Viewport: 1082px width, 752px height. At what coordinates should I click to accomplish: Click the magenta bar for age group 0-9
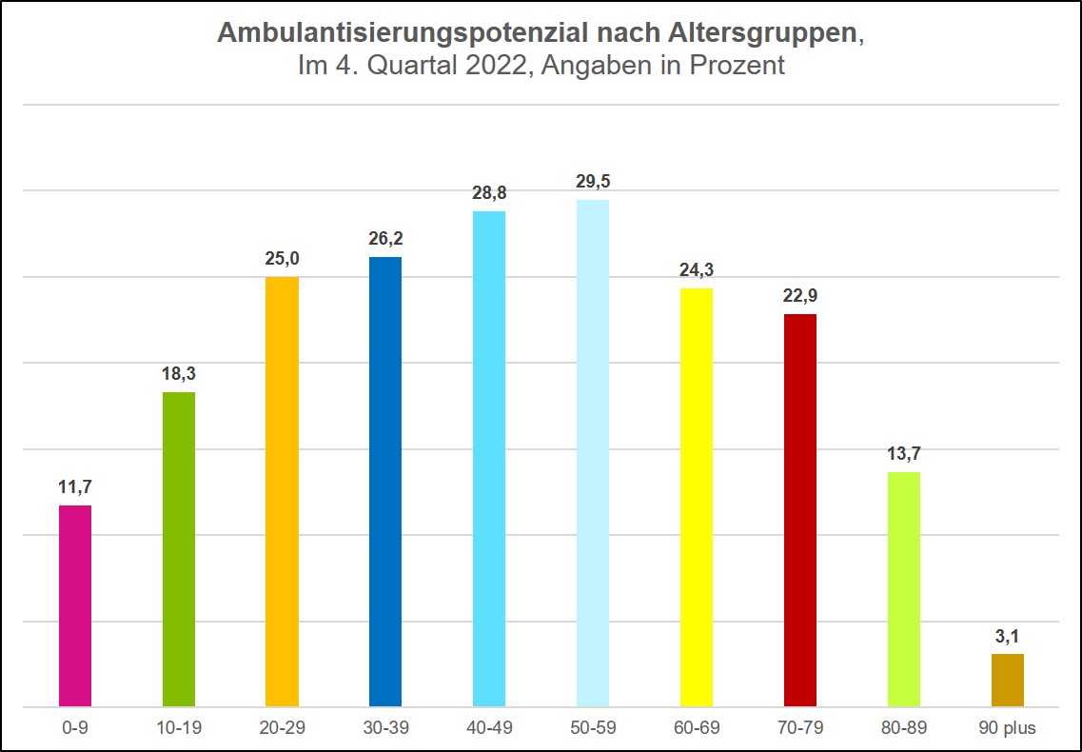(x=75, y=605)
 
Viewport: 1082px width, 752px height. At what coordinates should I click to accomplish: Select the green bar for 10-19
(x=179, y=549)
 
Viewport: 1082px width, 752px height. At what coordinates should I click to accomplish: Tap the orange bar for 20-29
(x=282, y=491)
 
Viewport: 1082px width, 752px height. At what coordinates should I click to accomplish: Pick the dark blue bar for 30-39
(x=385, y=482)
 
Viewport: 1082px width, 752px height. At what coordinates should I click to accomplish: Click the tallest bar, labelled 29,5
(x=593, y=453)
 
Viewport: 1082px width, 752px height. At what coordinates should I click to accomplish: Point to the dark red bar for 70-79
(x=800, y=510)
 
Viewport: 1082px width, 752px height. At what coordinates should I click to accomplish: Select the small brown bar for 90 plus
(x=1008, y=680)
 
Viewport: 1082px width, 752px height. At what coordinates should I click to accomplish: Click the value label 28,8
(x=489, y=192)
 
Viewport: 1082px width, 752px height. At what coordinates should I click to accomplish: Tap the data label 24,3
(x=697, y=269)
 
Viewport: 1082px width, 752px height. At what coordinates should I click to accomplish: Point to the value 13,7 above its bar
(x=904, y=453)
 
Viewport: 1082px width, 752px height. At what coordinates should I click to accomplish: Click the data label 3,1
(x=1008, y=636)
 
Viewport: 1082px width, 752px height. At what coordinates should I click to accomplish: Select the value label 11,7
(x=75, y=486)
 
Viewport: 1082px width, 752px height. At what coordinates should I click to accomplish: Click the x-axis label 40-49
(x=489, y=729)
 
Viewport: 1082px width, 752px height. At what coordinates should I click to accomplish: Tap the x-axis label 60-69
(x=697, y=729)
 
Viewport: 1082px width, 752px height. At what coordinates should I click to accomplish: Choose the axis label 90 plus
(x=1008, y=729)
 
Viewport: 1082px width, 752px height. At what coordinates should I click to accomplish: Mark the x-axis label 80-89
(x=904, y=729)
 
